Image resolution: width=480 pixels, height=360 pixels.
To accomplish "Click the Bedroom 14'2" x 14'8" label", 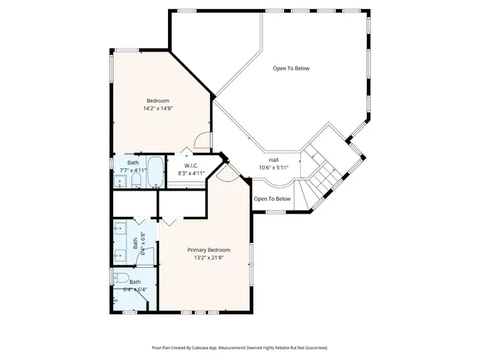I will pyautogui.click(x=157, y=100).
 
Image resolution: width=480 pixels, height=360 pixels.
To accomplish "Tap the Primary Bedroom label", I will pyautogui.click(x=208, y=250).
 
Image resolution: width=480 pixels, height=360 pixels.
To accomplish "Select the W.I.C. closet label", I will pyautogui.click(x=190, y=165).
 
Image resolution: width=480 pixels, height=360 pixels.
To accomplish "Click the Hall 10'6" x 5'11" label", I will pyautogui.click(x=274, y=160).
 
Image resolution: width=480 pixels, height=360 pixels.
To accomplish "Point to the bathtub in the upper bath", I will pyautogui.click(x=155, y=173).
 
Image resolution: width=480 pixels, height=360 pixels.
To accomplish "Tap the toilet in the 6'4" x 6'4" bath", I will pyautogui.click(x=122, y=279).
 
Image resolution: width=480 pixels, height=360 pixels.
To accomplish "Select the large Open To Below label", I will pyautogui.click(x=290, y=68).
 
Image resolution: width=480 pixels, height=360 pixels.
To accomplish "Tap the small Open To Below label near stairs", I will pyautogui.click(x=271, y=199).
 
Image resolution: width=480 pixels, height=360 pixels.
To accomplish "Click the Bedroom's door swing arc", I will pyautogui.click(x=201, y=140).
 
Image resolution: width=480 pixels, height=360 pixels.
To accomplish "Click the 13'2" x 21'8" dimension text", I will pyautogui.click(x=208, y=258).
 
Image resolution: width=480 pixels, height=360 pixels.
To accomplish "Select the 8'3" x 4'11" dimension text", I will pyautogui.click(x=190, y=173).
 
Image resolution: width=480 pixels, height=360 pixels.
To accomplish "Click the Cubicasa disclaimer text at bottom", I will pyautogui.click(x=240, y=348).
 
